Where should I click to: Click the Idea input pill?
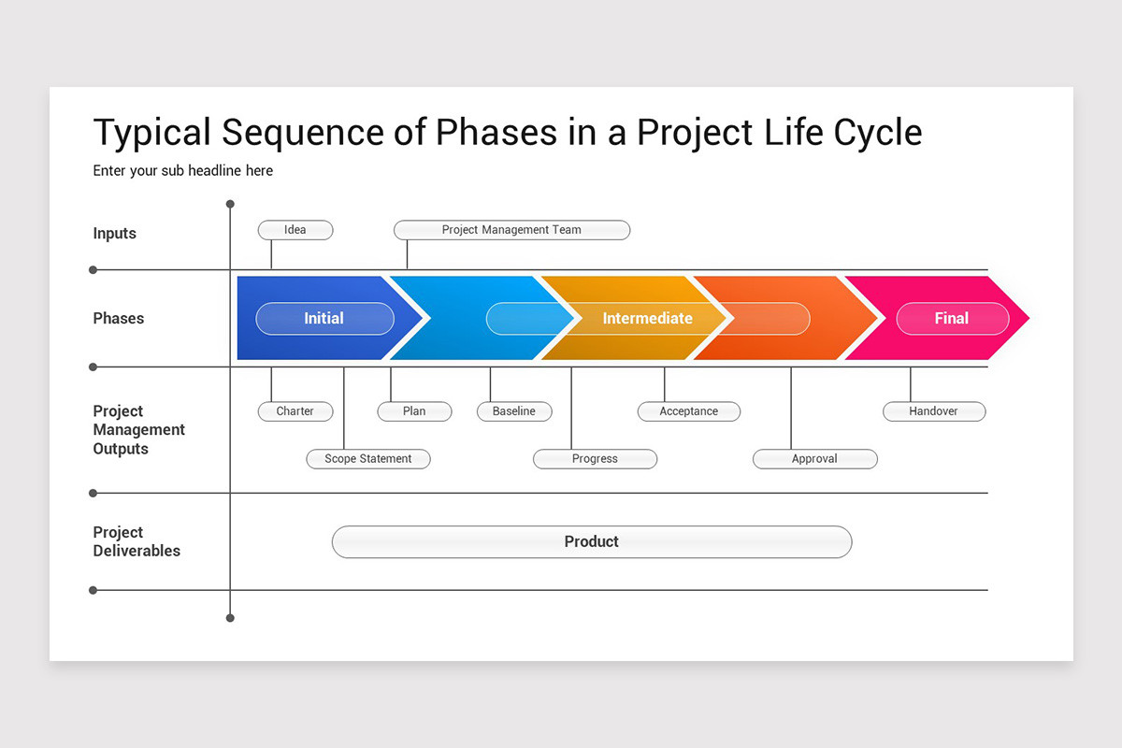pos(295,230)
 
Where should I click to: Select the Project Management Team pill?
pos(511,230)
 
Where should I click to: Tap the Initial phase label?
pos(324,319)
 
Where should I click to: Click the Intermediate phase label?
pos(647,319)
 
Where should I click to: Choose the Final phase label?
pos(952,319)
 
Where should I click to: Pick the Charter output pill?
pos(295,411)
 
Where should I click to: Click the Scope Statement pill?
pos(368,459)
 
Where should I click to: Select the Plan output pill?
pos(414,411)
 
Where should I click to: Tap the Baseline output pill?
pos(514,411)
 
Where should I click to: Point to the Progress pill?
pos(595,459)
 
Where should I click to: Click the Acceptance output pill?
pos(688,411)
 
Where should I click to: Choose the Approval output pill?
pos(814,459)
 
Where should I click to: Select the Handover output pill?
pos(933,411)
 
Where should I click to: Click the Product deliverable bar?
pos(592,541)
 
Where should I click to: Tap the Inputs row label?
pos(115,234)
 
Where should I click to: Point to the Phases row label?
pos(119,319)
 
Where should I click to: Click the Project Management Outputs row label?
pos(138,430)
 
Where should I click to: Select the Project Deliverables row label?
pos(137,541)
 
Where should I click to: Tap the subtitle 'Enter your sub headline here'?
pos(183,171)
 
